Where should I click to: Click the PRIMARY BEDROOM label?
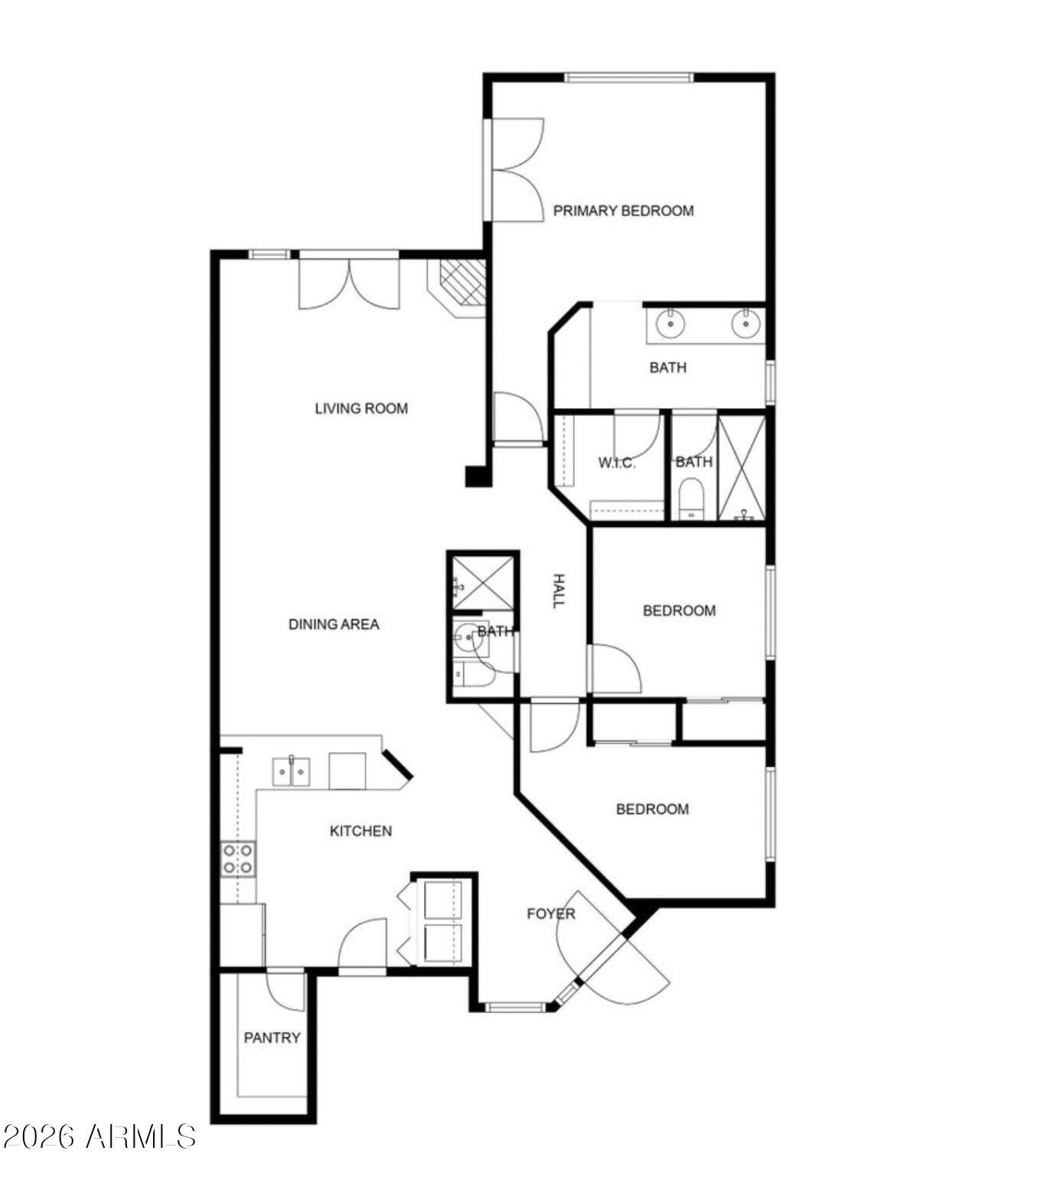[x=624, y=211]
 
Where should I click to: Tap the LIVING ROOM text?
[x=361, y=408]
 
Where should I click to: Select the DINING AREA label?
[x=334, y=624]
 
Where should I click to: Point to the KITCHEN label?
[x=360, y=831]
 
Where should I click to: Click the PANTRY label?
[x=272, y=1038]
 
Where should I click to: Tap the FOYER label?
[x=551, y=914]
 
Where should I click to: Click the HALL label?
[x=559, y=591]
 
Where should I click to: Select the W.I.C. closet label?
[x=617, y=463]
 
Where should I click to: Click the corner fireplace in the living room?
[x=458, y=287]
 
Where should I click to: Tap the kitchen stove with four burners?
[x=239, y=858]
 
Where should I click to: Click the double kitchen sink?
[x=292, y=771]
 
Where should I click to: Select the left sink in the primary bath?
[x=671, y=323]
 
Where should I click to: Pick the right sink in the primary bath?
[x=745, y=323]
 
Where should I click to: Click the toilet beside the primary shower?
[x=691, y=499]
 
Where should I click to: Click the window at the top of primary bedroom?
[x=629, y=77]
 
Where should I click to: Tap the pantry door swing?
[x=286, y=992]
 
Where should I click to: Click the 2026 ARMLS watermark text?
[x=99, y=1136]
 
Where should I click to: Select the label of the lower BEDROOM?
[x=653, y=809]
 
